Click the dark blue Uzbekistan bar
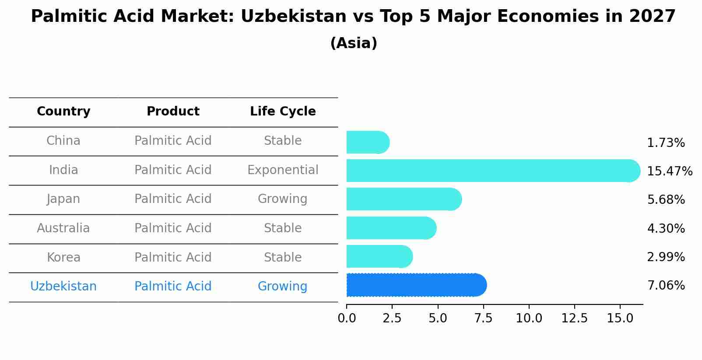tap(416, 285)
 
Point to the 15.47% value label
tap(669, 171)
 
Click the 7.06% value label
tap(666, 286)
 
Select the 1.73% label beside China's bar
tap(666, 143)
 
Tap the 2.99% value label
tap(666, 257)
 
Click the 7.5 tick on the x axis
tap(483, 318)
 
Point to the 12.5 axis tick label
tap(574, 318)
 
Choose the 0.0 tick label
tap(347, 318)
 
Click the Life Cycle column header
tap(283, 112)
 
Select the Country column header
tap(63, 112)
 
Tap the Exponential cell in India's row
tap(283, 170)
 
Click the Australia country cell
tap(63, 228)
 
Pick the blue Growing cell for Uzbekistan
tap(282, 287)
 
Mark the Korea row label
tap(63, 258)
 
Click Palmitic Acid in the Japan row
tap(173, 199)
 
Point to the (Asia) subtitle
tap(354, 43)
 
